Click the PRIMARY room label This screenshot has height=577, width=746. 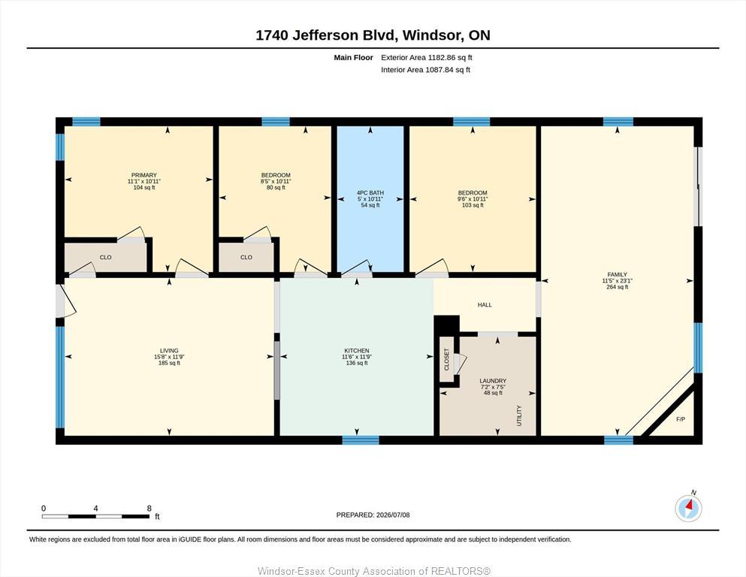click(x=144, y=175)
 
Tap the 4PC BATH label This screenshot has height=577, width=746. click(x=370, y=192)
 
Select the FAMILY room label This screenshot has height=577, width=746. click(x=617, y=274)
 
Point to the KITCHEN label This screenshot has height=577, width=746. click(x=357, y=351)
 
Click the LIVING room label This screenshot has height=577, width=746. click(x=169, y=351)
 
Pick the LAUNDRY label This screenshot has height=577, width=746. click(x=493, y=381)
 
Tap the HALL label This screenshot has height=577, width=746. click(x=485, y=305)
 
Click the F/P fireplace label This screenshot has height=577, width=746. click(x=681, y=419)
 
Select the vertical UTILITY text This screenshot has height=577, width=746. click(x=519, y=415)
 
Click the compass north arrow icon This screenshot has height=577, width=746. click(x=688, y=508)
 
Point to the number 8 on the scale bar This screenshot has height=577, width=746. click(x=150, y=508)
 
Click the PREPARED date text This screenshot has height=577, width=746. click(x=373, y=515)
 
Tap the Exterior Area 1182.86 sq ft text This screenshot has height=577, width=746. click(x=426, y=58)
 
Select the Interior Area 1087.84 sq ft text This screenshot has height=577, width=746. click(x=425, y=69)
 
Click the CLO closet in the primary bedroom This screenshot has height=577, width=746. click(x=106, y=258)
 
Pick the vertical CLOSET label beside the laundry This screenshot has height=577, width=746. click(x=447, y=360)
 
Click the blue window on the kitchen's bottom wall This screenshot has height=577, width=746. click(x=361, y=440)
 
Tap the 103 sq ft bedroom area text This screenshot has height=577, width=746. click(x=473, y=205)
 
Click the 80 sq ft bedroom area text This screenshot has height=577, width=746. click(x=276, y=187)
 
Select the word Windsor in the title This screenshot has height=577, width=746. click(x=433, y=35)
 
